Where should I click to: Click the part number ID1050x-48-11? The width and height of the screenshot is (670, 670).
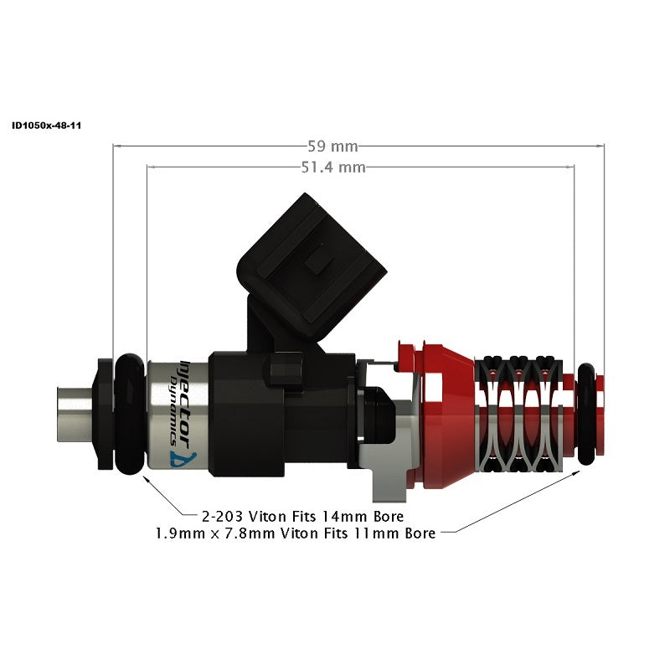pyautogui.click(x=46, y=126)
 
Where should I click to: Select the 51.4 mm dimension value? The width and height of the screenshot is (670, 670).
pyautogui.click(x=332, y=167)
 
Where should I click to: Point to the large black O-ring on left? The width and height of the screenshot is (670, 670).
pyautogui.click(x=130, y=414)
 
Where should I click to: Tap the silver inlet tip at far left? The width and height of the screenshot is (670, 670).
pyautogui.click(x=75, y=414)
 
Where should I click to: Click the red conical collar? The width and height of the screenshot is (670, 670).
pyautogui.click(x=448, y=414)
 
